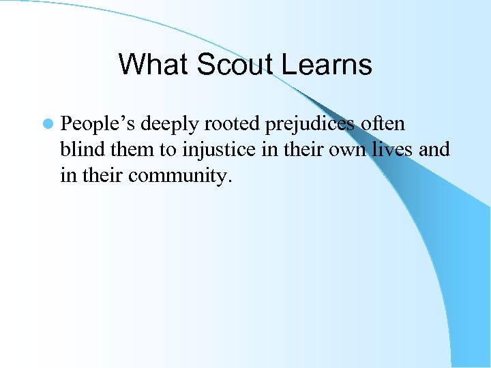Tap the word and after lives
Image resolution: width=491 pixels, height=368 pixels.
pos(434,150)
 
